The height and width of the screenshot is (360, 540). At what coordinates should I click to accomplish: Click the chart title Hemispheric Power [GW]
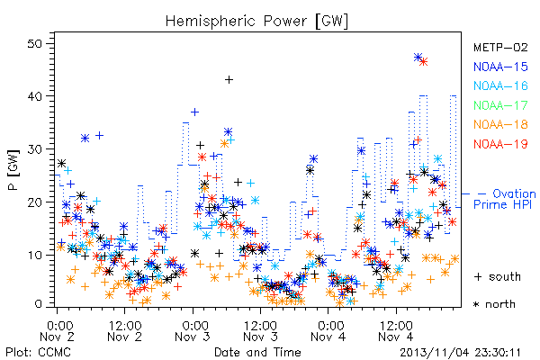click(256, 22)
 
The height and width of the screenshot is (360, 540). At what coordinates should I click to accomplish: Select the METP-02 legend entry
click(500, 47)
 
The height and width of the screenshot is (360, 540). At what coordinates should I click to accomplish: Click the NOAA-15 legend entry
click(500, 67)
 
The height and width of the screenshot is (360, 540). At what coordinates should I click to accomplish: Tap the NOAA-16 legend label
click(500, 85)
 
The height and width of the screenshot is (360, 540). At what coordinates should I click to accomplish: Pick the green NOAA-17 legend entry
click(500, 105)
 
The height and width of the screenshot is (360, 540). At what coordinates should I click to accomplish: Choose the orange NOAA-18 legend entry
click(500, 124)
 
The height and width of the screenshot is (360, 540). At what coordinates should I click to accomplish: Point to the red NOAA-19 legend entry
click(500, 144)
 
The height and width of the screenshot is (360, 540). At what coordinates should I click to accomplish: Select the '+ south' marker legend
click(498, 276)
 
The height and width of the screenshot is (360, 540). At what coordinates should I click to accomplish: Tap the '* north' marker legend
click(494, 304)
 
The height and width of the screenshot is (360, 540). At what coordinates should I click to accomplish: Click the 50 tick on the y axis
click(34, 44)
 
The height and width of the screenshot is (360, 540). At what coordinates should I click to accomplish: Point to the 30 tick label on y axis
click(34, 149)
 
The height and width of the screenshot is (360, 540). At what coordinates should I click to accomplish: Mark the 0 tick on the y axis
click(38, 304)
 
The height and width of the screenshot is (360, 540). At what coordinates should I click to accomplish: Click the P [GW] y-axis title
click(13, 170)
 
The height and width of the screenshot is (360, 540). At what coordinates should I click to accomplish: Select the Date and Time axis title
click(257, 352)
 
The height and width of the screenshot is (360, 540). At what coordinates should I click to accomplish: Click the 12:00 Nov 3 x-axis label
click(260, 331)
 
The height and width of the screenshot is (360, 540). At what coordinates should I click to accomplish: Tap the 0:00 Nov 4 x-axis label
click(328, 331)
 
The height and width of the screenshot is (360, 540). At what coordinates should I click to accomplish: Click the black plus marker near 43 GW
click(229, 80)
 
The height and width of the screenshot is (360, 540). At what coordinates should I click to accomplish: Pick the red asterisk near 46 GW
click(424, 62)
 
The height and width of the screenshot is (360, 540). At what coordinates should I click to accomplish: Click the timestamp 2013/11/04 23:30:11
click(460, 353)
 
